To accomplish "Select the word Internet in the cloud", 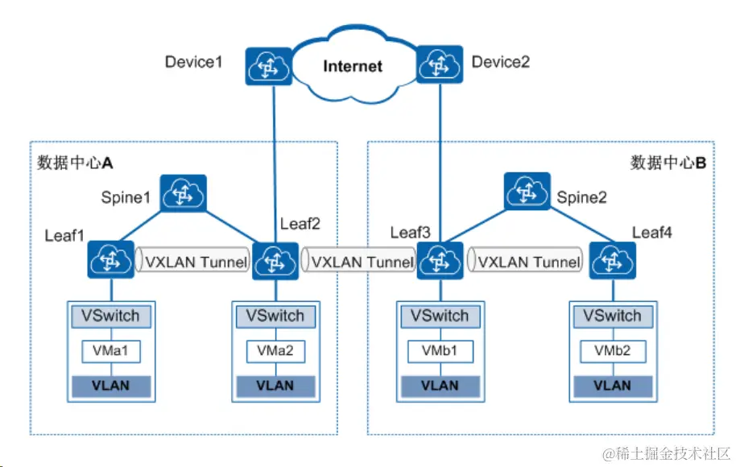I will pyautogui.click(x=352, y=66).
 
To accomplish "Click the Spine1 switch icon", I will pyautogui.click(x=183, y=194).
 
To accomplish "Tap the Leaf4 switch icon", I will pyautogui.click(x=612, y=260).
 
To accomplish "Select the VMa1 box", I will pyautogui.click(x=110, y=351).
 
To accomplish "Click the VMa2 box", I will pyautogui.click(x=275, y=351).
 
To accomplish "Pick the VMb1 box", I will pyautogui.click(x=440, y=351).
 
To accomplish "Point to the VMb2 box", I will pyautogui.click(x=612, y=351).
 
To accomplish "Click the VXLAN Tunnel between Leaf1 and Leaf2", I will pyautogui.click(x=193, y=262).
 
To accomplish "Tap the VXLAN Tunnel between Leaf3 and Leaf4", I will pyautogui.click(x=526, y=262).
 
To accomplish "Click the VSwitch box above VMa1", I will pyautogui.click(x=110, y=316).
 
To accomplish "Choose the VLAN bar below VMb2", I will pyautogui.click(x=612, y=385).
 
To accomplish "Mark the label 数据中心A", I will pyautogui.click(x=75, y=163).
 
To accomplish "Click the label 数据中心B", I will pyautogui.click(x=668, y=163).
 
